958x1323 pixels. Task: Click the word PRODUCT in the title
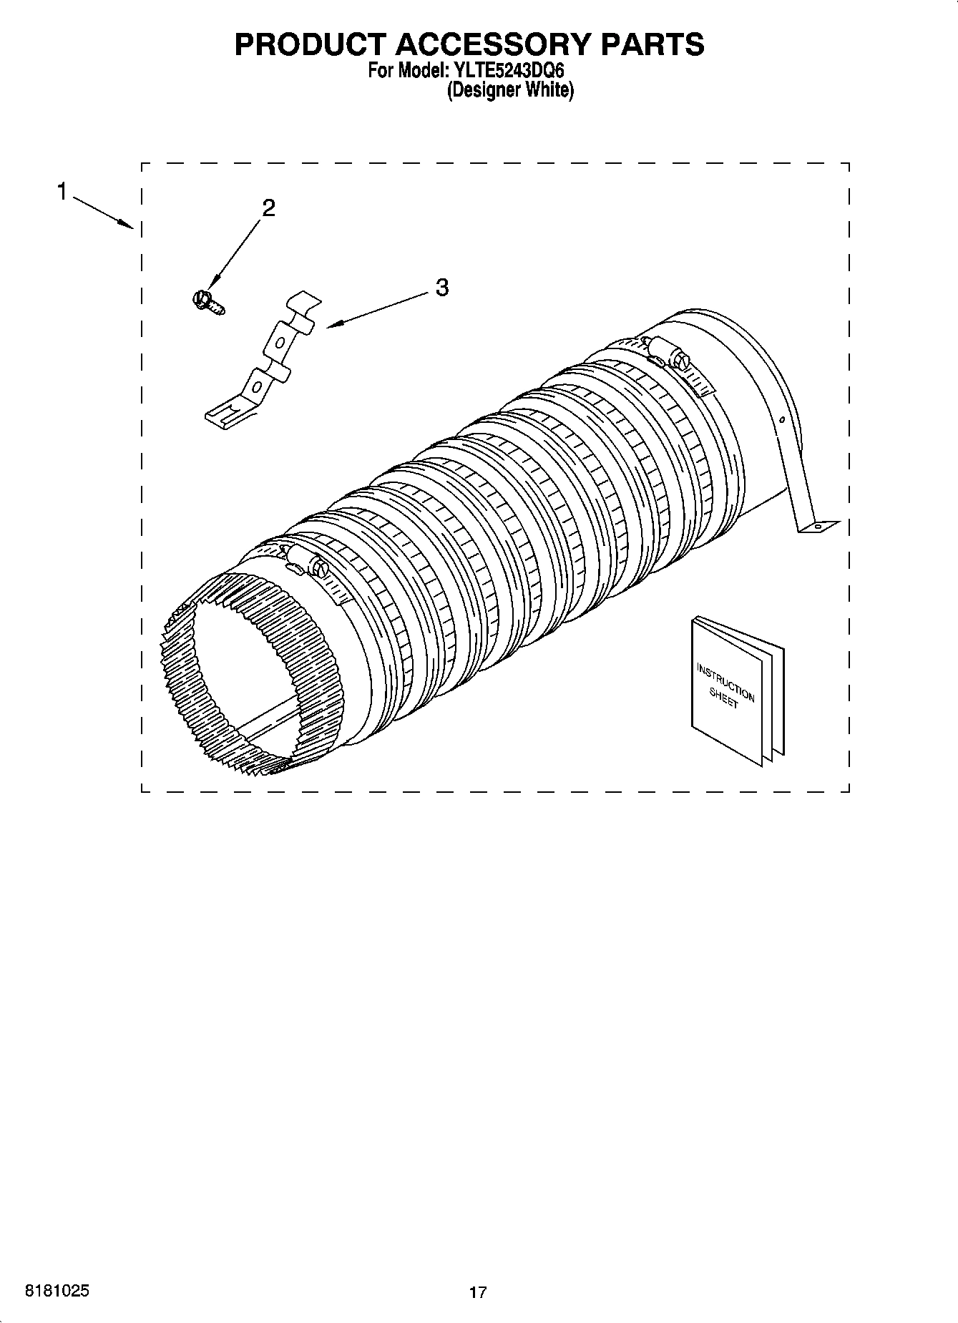(309, 44)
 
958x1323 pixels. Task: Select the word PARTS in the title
(652, 44)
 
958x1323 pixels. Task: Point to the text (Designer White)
(510, 91)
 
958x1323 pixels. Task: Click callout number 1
(63, 192)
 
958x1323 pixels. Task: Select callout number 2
(268, 208)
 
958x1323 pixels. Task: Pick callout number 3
(442, 288)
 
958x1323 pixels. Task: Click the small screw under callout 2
(207, 301)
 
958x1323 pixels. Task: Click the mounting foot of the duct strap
(818, 526)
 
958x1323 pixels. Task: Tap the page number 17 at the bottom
(478, 1292)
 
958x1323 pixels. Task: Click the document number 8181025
(57, 1291)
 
